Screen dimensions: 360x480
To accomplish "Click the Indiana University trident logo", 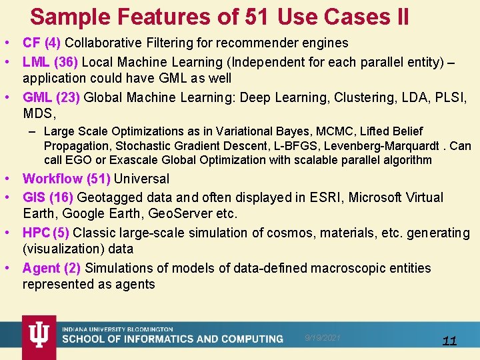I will (x=38, y=337).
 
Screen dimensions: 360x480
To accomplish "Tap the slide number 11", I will (x=449, y=341).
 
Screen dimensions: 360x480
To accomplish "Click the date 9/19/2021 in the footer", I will (x=323, y=338).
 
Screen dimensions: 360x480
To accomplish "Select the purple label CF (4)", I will (x=41, y=43).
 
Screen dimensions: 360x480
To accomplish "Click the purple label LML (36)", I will (x=51, y=62).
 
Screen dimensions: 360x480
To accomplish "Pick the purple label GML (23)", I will (x=51, y=97).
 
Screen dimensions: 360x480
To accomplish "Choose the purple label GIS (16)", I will (x=48, y=197).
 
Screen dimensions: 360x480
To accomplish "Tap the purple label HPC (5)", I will (x=45, y=233).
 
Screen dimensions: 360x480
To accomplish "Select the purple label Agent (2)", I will (x=51, y=268).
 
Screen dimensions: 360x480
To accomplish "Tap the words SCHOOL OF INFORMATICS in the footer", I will (x=126, y=339).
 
